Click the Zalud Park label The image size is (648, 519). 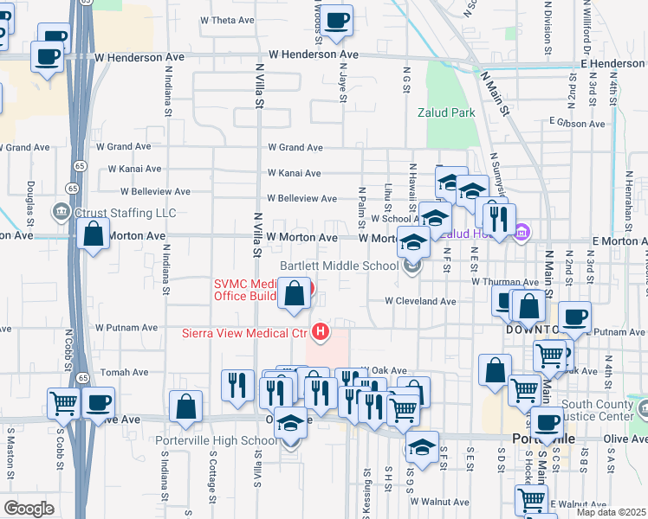point(446,112)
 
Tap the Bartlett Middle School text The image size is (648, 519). point(340,265)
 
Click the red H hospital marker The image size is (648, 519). point(321,331)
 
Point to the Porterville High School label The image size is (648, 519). point(217,440)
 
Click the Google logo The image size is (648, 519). point(29,508)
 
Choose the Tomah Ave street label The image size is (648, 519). point(125,372)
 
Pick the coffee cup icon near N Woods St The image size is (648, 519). point(337,18)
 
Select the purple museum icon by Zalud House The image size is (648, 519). point(522,232)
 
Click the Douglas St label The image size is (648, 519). point(30,198)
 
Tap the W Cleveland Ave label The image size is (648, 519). point(421,302)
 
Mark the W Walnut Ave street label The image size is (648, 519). point(439,502)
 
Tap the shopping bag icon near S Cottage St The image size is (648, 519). point(185,407)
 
